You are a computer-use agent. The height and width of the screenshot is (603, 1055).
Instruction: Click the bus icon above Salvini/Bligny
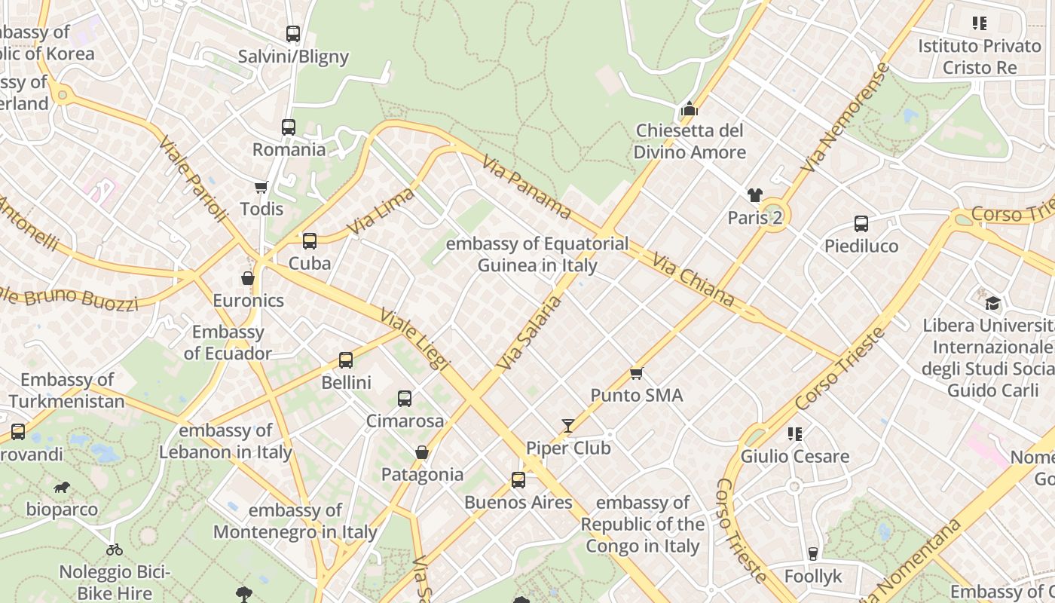[x=293, y=34]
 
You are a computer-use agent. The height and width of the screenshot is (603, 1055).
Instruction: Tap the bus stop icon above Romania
[x=289, y=127]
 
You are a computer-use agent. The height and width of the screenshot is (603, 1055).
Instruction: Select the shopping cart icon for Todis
[x=261, y=186]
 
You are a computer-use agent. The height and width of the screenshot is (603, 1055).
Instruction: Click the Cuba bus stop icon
[x=310, y=241]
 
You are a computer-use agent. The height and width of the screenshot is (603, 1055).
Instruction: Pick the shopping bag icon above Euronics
[x=248, y=278]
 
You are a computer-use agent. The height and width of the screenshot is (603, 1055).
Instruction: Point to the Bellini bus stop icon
[x=346, y=360]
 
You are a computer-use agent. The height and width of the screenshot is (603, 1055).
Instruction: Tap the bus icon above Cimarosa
[x=405, y=399]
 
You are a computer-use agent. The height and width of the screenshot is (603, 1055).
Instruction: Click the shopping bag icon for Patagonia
[x=422, y=452]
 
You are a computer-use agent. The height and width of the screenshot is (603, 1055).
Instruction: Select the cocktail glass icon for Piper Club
[x=568, y=427]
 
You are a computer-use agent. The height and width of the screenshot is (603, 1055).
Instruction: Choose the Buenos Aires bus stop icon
[x=518, y=480]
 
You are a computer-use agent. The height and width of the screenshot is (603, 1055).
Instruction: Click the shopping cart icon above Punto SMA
[x=637, y=373]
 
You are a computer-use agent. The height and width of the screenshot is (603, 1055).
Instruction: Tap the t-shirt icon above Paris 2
[x=755, y=196]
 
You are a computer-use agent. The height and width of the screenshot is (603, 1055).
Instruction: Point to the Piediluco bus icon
[x=861, y=224]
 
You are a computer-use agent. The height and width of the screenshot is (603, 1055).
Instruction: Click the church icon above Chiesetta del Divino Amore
[x=690, y=109]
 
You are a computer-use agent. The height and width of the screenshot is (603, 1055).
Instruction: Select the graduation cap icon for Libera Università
[x=993, y=303]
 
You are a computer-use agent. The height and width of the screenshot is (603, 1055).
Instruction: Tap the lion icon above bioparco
[x=62, y=488]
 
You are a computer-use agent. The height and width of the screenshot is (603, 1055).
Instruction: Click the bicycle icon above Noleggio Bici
[x=115, y=549]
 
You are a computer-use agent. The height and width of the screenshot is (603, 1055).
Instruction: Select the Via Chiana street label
[x=693, y=280]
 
